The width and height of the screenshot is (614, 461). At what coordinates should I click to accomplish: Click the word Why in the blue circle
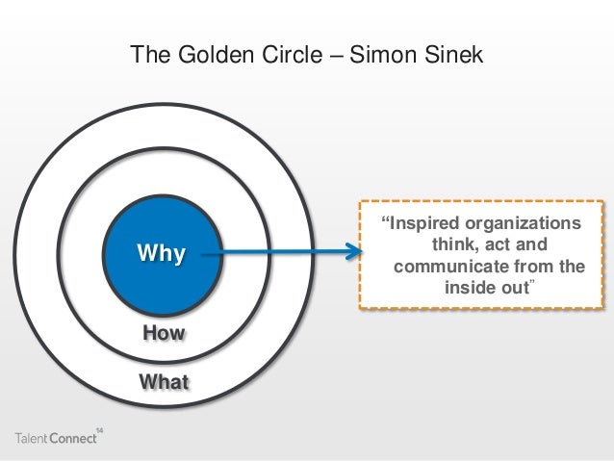[x=161, y=255]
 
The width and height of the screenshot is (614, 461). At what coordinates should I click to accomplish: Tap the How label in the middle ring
[x=163, y=334]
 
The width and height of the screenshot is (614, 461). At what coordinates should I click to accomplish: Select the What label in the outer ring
[x=164, y=382]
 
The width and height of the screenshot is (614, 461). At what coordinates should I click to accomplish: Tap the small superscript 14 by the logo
[x=100, y=425]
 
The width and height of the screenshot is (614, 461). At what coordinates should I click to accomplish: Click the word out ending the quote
[x=516, y=288]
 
